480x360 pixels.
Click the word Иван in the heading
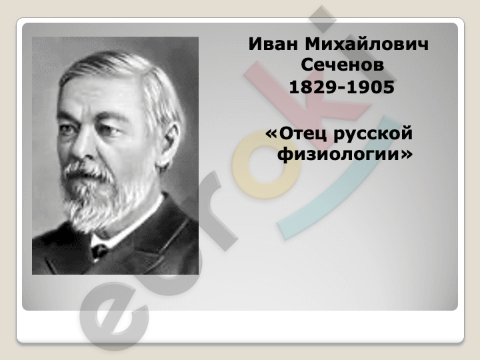pyautogui.click(x=273, y=44)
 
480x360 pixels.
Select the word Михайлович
pyautogui.click(x=367, y=44)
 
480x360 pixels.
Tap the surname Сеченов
pyautogui.click(x=342, y=65)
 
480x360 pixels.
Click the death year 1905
pyautogui.click(x=371, y=87)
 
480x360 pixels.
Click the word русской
pyautogui.click(x=373, y=135)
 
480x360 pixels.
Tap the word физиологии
pyautogui.click(x=338, y=155)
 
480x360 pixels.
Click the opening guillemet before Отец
pyautogui.click(x=271, y=135)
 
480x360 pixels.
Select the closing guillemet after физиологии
pyautogui.click(x=406, y=155)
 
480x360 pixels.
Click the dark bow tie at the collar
pyautogui.click(x=99, y=251)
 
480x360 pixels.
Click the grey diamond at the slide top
pyautogui.click(x=323, y=19)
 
